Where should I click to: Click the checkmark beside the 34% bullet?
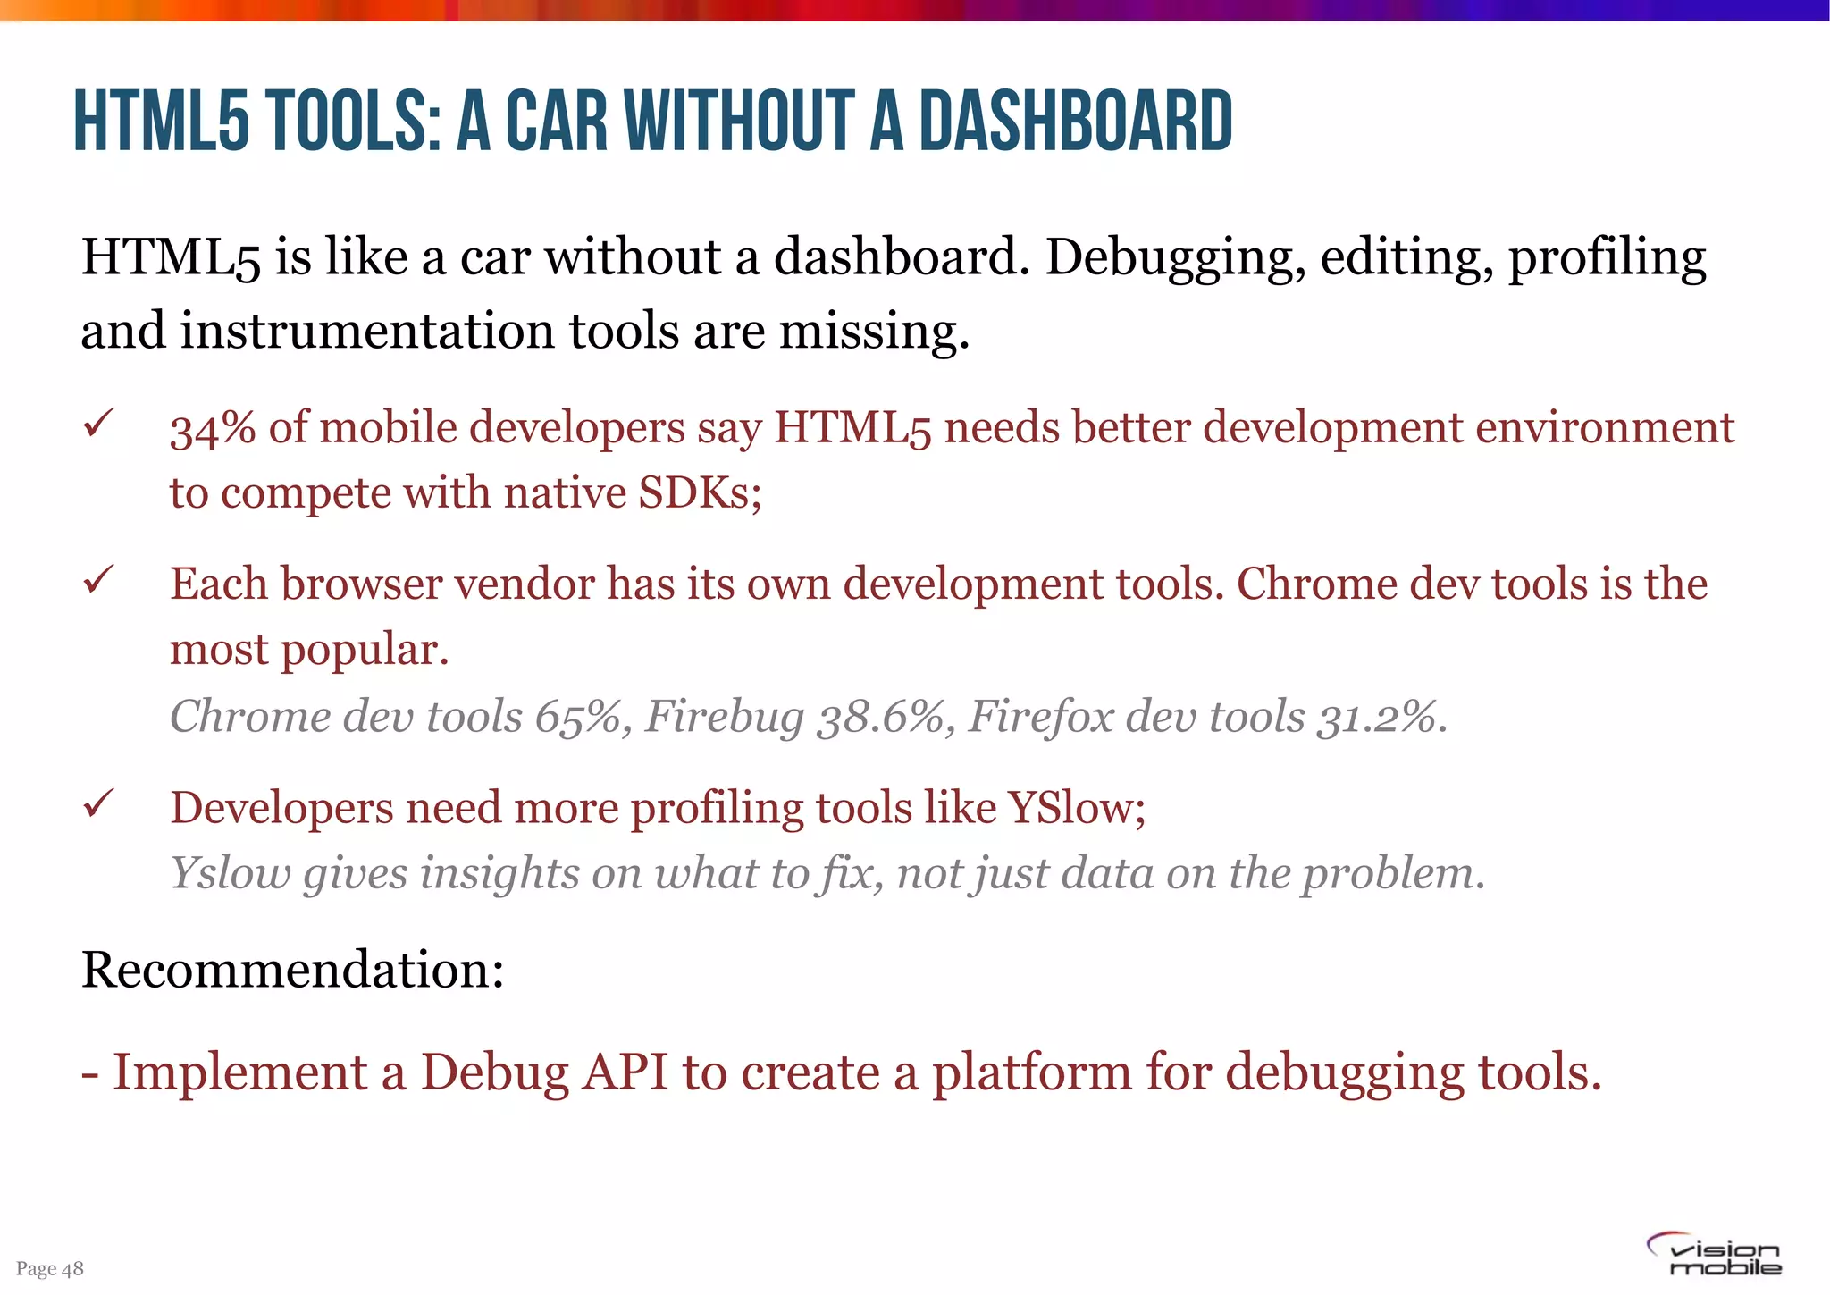pos(97,422)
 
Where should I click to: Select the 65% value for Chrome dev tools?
pos(577,717)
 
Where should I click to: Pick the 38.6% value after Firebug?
pos(880,717)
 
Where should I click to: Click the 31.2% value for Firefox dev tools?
pos(1380,717)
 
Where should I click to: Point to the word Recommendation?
pos(292,970)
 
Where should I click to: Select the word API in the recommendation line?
pos(625,1072)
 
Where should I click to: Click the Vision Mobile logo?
pos(1714,1255)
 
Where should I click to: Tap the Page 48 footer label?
pos(50,1268)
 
